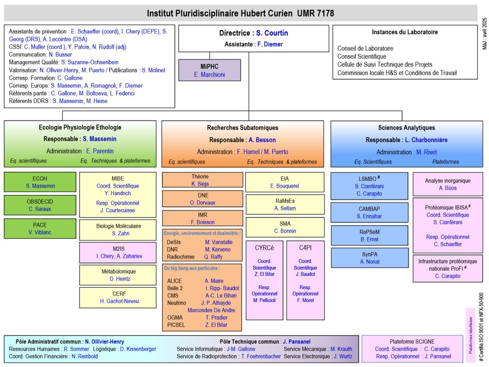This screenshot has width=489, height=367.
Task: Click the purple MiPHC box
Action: point(209,70)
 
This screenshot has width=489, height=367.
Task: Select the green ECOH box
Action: point(40,182)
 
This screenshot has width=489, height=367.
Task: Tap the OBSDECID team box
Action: point(40,205)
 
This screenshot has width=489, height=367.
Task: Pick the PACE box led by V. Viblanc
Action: point(40,229)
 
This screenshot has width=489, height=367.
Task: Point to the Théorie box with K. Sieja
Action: point(200,180)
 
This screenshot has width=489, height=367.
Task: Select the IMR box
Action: point(200,219)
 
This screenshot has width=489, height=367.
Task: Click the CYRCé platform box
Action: point(264,280)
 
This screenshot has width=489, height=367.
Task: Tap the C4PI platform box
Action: point(305,280)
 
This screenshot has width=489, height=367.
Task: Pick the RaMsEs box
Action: point(285,204)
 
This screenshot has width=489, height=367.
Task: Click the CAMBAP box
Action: point(369,212)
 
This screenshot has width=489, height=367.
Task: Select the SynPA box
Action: point(369,258)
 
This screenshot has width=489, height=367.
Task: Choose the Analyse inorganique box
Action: point(447,184)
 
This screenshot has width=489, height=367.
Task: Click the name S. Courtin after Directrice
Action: point(272,33)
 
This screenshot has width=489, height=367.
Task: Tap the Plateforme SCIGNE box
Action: point(412,349)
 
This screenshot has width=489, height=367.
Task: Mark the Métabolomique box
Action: point(117,275)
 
